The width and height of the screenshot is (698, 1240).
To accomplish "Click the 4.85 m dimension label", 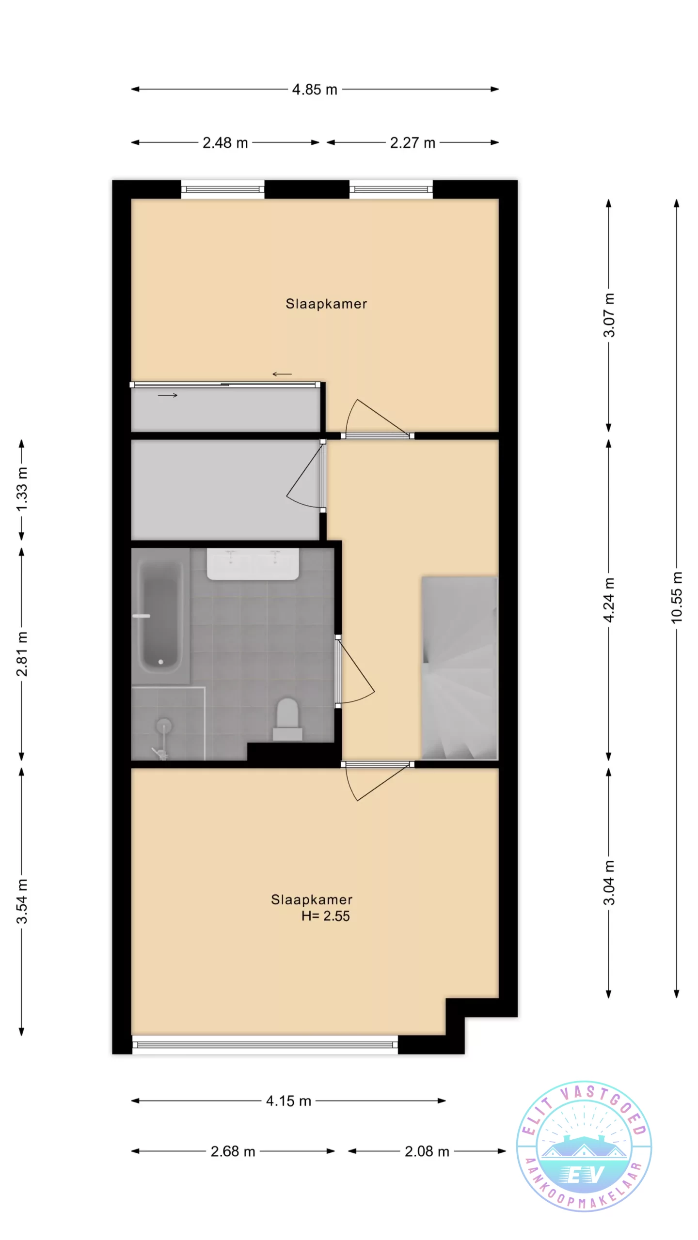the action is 315,90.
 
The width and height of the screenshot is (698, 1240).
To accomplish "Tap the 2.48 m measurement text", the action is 225,143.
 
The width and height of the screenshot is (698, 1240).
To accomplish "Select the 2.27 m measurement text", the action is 412,143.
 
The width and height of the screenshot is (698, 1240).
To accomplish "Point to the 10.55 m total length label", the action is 677,597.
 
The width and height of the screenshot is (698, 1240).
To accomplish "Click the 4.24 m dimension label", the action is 609,600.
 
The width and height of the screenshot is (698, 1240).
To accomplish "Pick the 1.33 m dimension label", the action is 22,489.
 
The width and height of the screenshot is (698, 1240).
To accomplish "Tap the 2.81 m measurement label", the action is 22,654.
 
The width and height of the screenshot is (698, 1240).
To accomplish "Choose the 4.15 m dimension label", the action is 288,1101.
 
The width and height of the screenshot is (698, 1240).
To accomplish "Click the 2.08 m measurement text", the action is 427,1151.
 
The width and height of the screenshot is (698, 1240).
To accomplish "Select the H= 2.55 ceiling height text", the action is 325,916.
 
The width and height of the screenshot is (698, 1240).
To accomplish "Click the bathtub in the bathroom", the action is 160,616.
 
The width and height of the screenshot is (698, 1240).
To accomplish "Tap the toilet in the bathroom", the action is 287,719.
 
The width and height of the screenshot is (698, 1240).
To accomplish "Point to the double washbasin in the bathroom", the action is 253,564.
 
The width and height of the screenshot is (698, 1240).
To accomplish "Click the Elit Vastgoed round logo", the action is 584,1147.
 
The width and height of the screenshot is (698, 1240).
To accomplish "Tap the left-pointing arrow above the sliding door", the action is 282,374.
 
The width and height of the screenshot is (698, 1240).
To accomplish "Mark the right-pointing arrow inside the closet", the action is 168,395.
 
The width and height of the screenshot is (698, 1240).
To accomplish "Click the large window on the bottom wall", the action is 265,1044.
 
